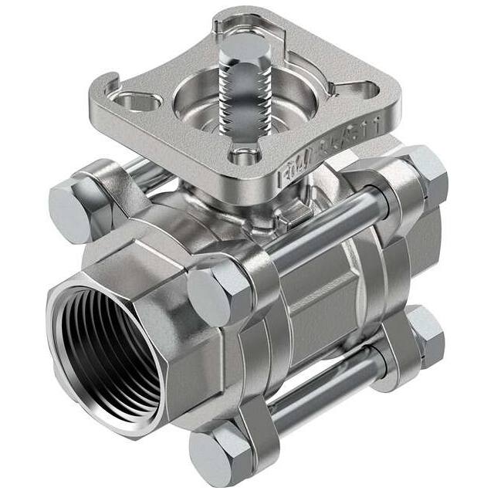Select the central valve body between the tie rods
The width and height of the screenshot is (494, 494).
click(324, 301)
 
